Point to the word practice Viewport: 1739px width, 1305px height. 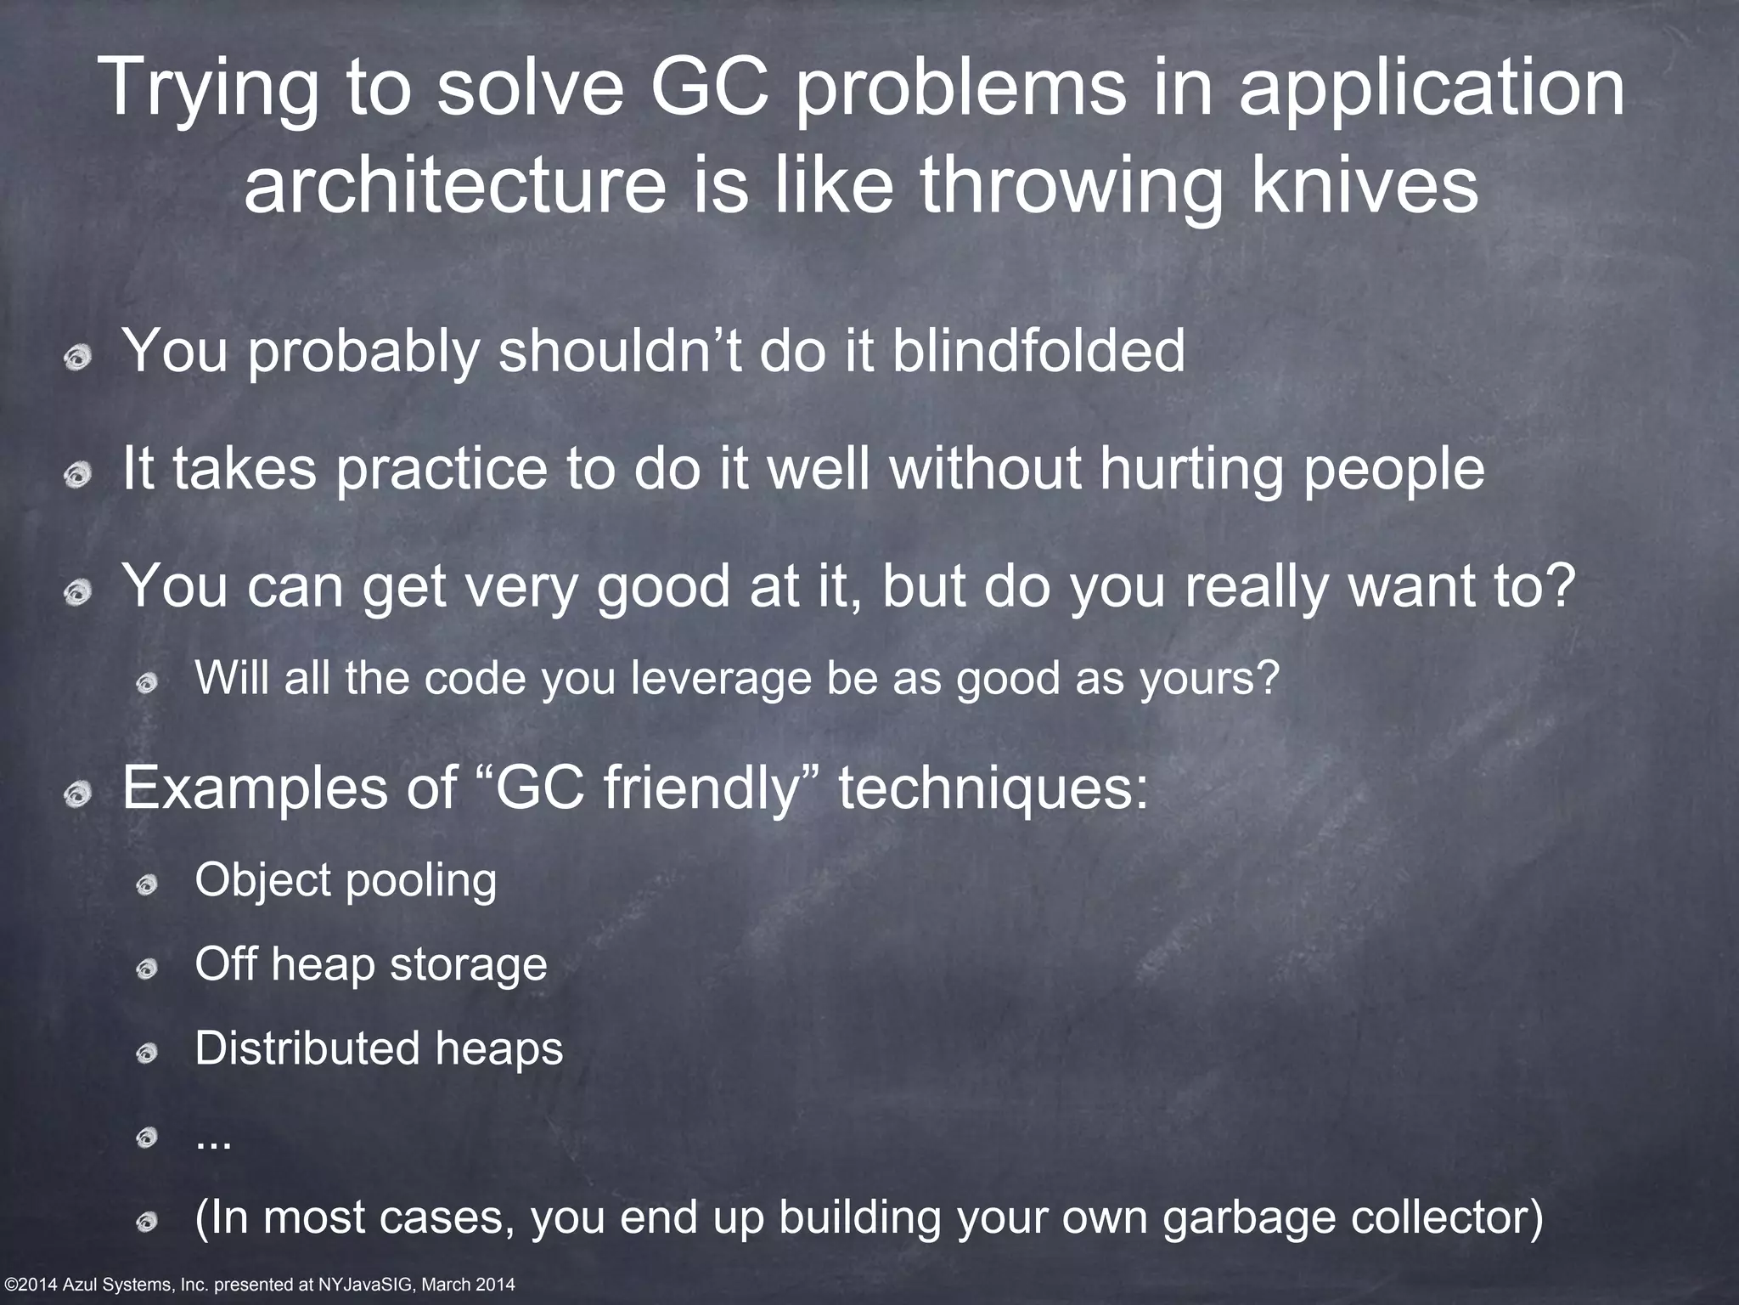(442, 469)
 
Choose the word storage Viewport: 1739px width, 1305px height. (468, 964)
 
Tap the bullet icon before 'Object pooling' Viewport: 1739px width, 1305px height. (147, 885)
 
